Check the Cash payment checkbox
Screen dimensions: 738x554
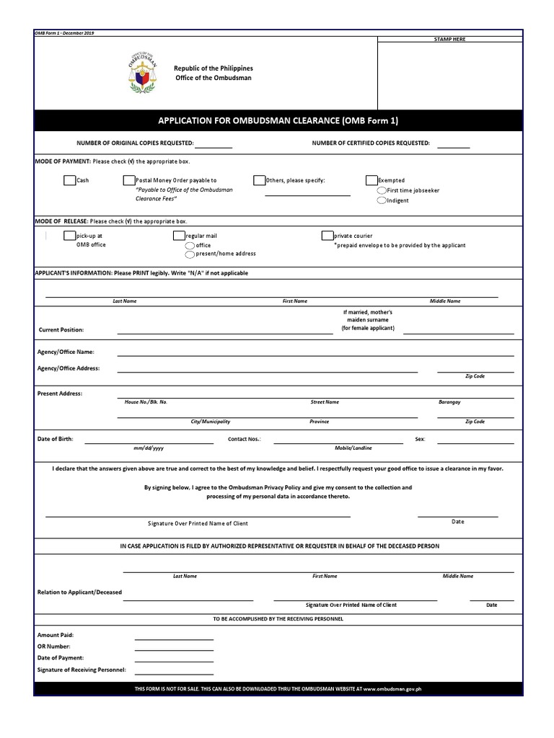[69, 180]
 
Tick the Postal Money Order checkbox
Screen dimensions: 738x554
[128, 180]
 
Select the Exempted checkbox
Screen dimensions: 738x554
[371, 180]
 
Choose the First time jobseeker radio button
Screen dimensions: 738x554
[382, 190]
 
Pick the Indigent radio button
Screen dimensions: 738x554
[382, 200]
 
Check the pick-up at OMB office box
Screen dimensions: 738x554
[69, 236]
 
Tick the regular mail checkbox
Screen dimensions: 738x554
[179, 236]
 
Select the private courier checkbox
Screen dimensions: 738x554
[327, 236]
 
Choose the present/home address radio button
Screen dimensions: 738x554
[190, 254]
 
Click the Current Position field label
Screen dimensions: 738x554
[61, 330]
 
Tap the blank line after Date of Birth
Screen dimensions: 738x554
[149, 442]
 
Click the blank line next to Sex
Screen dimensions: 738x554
[475, 442]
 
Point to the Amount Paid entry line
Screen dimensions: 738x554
[174, 638]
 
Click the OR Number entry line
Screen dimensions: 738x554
[174, 649]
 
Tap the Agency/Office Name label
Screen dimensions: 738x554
[66, 352]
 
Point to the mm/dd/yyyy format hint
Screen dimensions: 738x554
[149, 448]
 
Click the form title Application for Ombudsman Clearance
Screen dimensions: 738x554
[278, 120]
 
